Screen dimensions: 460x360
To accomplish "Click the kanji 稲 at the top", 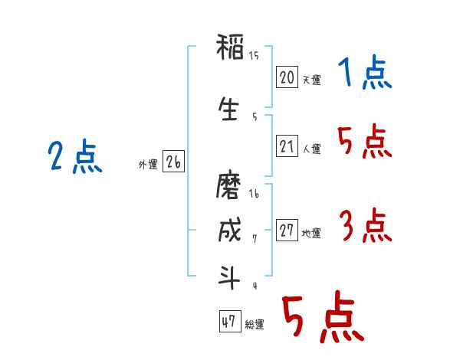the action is (x=230, y=47).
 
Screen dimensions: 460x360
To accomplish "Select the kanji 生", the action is (x=228, y=109).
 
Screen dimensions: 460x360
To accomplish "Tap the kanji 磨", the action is (x=228, y=186).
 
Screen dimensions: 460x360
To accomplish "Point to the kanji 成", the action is (x=230, y=230).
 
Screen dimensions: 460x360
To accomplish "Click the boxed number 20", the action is (x=287, y=77).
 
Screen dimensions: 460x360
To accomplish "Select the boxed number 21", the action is (x=287, y=146).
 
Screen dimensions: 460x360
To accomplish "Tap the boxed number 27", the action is (x=287, y=230).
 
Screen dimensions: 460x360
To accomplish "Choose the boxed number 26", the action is (x=173, y=162).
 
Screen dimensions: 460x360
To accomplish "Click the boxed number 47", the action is (x=230, y=321).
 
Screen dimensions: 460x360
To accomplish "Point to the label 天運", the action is (x=311, y=80).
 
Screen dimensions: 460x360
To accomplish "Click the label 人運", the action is (x=311, y=149).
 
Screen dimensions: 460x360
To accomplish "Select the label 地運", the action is (x=311, y=234).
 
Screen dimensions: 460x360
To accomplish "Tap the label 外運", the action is (x=148, y=165).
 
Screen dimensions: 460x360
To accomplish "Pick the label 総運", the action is (x=255, y=325).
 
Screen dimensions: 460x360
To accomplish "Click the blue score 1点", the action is (x=365, y=72).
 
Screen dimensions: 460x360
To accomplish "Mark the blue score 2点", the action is (x=75, y=156).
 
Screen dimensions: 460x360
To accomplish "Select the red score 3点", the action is (x=366, y=225).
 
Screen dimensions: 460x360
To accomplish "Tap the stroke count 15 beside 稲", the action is (x=254, y=56).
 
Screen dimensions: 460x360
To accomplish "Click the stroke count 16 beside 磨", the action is (x=254, y=194).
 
